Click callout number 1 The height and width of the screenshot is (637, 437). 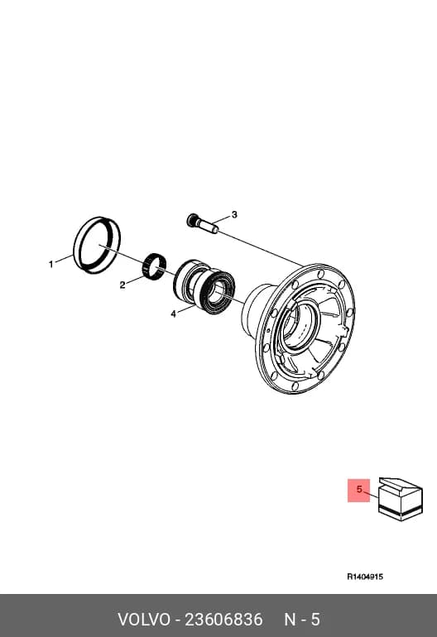tap(50, 265)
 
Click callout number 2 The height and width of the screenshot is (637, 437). tap(122, 285)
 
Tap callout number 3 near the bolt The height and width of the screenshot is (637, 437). tap(234, 214)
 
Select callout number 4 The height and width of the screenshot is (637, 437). tap(174, 314)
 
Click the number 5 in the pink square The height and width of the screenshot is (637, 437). tap(359, 489)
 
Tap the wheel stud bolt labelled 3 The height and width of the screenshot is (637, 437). tap(202, 225)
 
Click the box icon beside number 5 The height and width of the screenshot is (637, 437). tap(401, 500)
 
